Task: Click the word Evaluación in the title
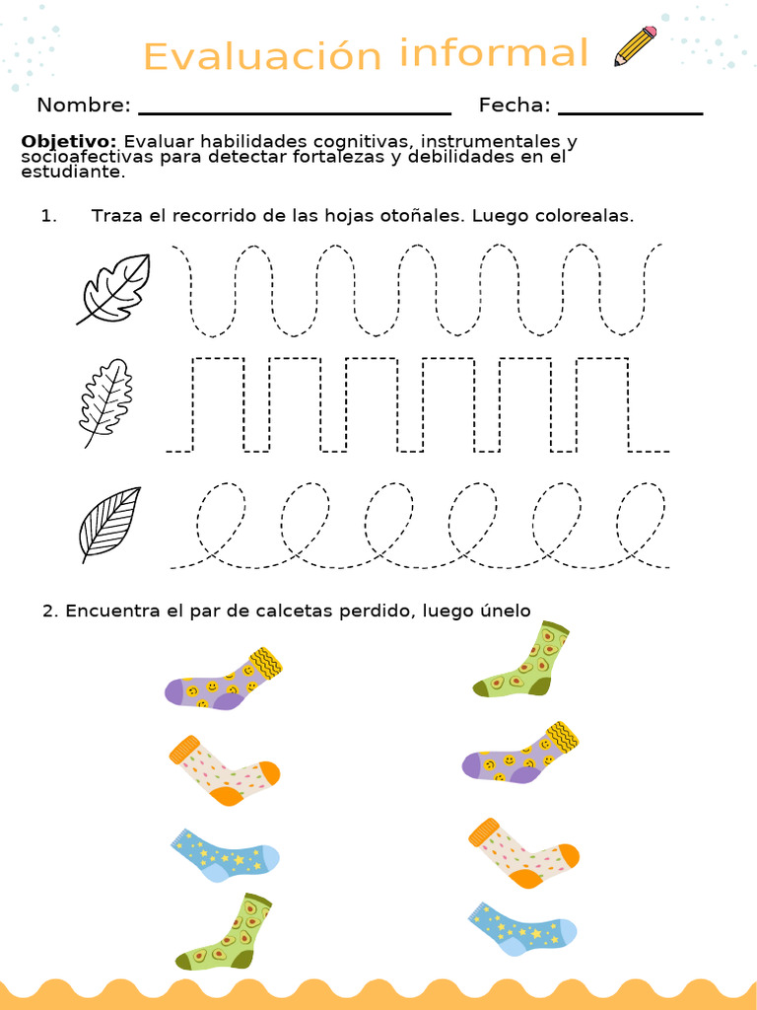pos(262,56)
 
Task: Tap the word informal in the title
pos(494,52)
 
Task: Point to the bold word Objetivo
pos(69,141)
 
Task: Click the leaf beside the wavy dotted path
pos(114,288)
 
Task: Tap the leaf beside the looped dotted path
pos(109,523)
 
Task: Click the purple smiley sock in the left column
pos(224,680)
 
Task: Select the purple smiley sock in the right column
pos(519,754)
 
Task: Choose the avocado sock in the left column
pos(225,934)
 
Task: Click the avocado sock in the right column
pos(522,662)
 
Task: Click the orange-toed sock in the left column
pos(224,770)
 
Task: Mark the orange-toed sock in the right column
pos(523,851)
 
